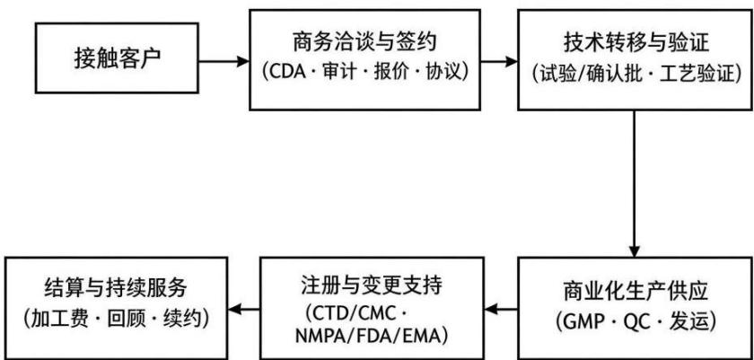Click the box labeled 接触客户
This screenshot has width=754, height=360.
pyautogui.click(x=117, y=58)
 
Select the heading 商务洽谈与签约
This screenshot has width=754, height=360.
pyautogui.click(x=364, y=42)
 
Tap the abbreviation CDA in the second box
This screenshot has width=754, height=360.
pyautogui.click(x=287, y=73)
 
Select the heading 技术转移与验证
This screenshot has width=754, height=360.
pyautogui.click(x=636, y=43)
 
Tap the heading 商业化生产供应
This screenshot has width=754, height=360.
pyautogui.click(x=636, y=293)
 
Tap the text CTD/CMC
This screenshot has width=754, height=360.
pyautogui.click(x=355, y=314)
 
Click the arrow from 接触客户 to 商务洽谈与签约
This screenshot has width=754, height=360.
pyautogui.click(x=224, y=61)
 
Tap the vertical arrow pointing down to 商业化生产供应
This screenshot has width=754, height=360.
pyautogui.click(x=635, y=184)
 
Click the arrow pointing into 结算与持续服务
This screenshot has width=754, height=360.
pyautogui.click(x=244, y=310)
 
